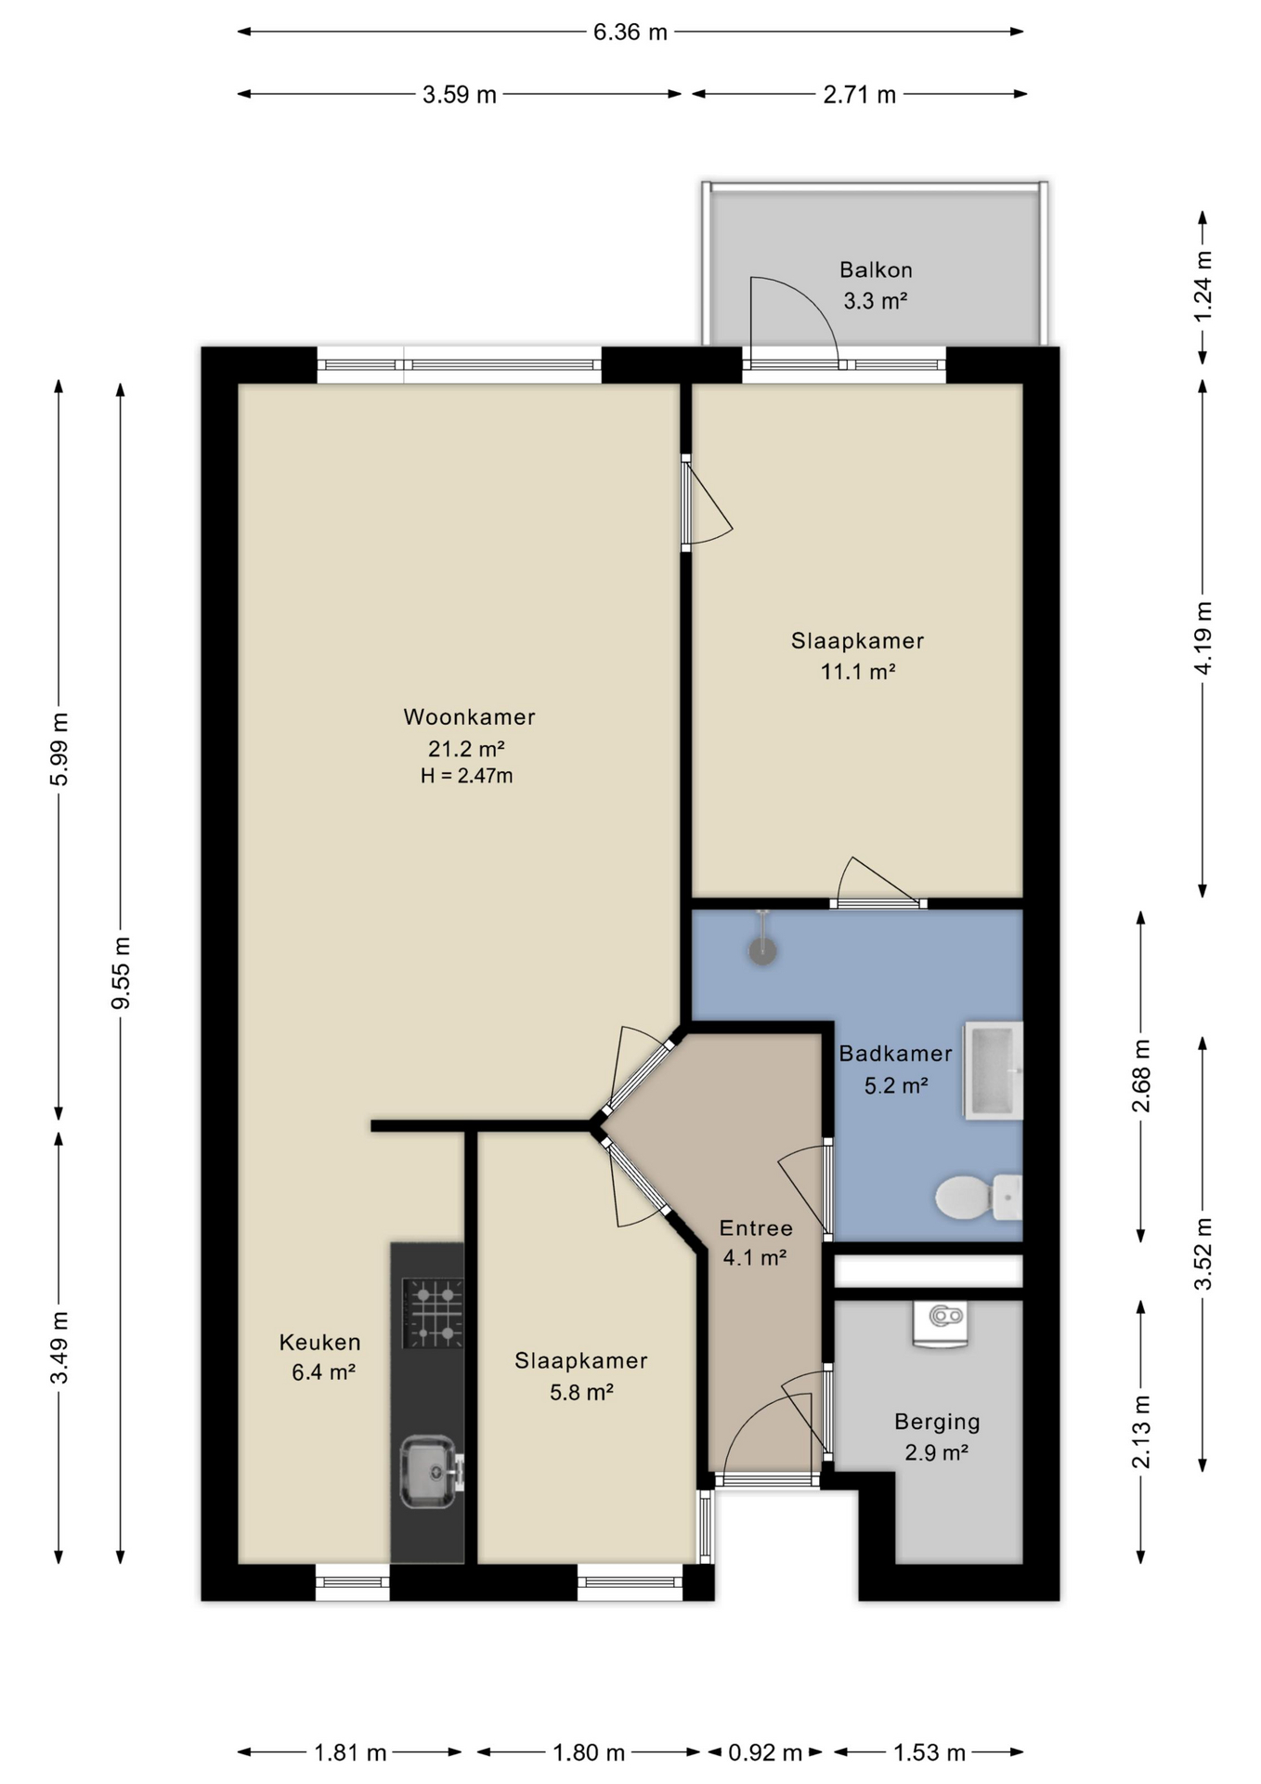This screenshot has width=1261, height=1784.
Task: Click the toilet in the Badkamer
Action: (x=978, y=1197)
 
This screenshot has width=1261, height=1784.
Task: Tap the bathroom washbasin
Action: (x=993, y=1070)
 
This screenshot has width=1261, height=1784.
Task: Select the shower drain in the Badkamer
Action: (x=762, y=951)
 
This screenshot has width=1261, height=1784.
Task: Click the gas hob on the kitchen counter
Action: (x=433, y=1313)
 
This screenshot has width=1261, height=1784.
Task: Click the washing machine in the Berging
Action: (x=940, y=1323)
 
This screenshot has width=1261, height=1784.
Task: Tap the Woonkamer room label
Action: (x=469, y=717)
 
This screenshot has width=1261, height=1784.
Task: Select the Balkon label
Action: (x=876, y=270)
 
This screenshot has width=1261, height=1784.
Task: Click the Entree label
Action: (x=756, y=1228)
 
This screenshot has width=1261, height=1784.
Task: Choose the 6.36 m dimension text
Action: (x=630, y=33)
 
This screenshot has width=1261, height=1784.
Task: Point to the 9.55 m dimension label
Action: (x=121, y=973)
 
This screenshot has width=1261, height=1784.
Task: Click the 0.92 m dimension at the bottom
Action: (x=765, y=1752)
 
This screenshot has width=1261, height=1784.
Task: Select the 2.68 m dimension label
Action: (x=1141, y=1075)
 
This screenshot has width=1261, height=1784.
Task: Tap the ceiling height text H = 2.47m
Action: (x=467, y=776)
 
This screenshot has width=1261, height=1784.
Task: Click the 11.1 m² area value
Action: (x=858, y=671)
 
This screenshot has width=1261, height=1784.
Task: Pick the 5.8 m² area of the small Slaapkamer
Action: (x=581, y=1392)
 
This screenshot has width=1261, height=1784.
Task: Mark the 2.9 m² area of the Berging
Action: (x=937, y=1452)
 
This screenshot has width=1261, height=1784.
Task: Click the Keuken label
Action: (x=320, y=1342)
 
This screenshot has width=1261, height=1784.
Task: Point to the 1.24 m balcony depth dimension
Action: (x=1203, y=286)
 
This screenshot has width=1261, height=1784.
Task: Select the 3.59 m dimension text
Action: (x=460, y=95)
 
